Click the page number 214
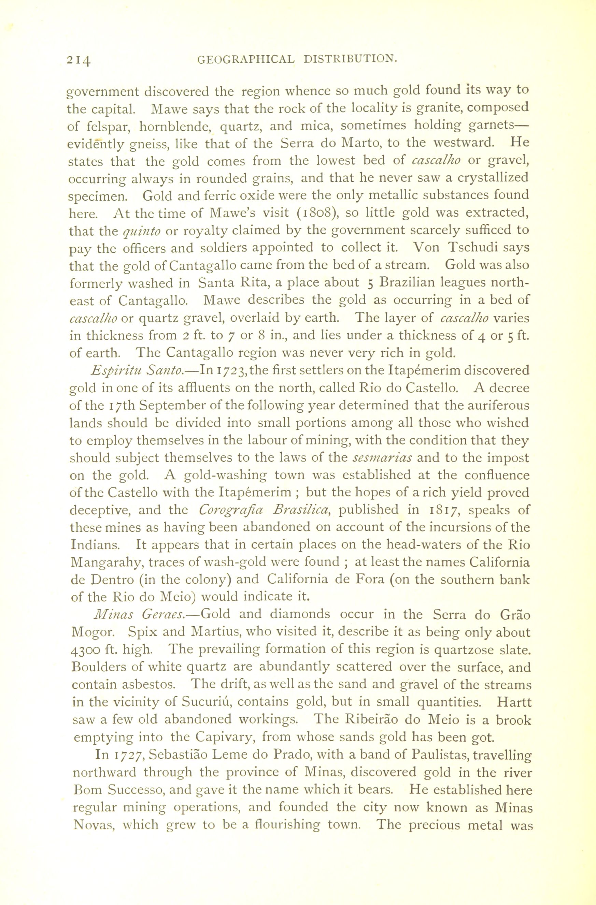79,60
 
